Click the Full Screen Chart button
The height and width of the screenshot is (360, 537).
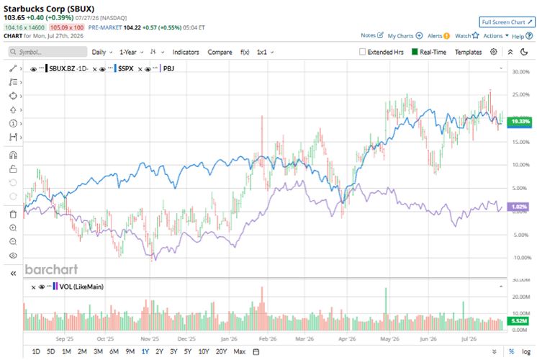pyautogui.click(x=507, y=22)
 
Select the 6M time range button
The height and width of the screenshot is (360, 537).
pyautogui.click(x=114, y=351)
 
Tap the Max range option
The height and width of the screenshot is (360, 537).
pyautogui.click(x=240, y=351)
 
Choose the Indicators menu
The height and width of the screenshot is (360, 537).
pyautogui.click(x=186, y=52)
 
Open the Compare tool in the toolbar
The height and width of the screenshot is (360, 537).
pyautogui.click(x=220, y=52)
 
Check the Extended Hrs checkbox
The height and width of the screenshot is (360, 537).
pyautogui.click(x=362, y=52)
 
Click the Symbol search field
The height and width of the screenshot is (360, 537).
pyautogui.click(x=48, y=52)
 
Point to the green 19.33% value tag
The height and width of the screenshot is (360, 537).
pyautogui.click(x=520, y=122)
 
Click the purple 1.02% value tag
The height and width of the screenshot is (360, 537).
pyautogui.click(x=520, y=207)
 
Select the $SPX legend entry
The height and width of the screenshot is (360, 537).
pyautogui.click(x=126, y=68)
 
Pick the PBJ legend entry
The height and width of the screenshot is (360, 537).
pyautogui.click(x=168, y=68)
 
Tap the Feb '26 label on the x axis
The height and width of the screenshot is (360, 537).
pyautogui.click(x=268, y=339)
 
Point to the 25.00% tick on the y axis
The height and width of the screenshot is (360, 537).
pyautogui.click(x=520, y=94)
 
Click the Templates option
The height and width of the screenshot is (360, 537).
pyautogui.click(x=468, y=52)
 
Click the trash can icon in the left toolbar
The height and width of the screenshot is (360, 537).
pyautogui.click(x=13, y=215)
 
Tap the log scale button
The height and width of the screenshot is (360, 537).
pyautogui.click(x=526, y=351)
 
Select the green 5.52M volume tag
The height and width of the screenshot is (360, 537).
pyautogui.click(x=519, y=321)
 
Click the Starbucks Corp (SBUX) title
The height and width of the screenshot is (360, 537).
pyautogui.click(x=49, y=9)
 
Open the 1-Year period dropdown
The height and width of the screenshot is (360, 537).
pyautogui.click(x=131, y=52)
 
